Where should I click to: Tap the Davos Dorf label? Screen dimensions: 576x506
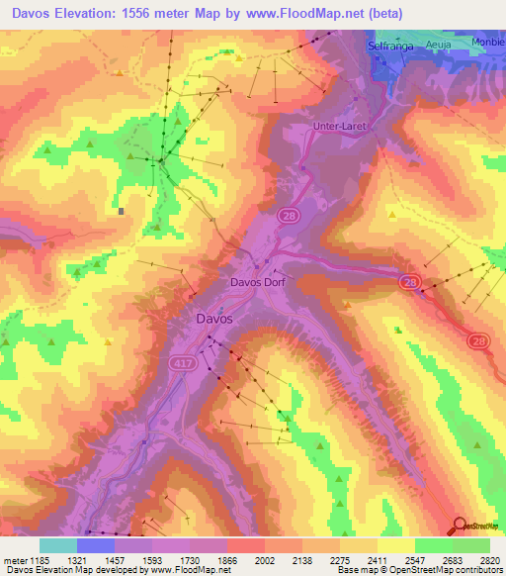click(258, 281)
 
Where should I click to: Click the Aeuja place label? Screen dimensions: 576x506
click(438, 46)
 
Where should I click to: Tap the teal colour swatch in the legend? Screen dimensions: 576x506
click(58, 545)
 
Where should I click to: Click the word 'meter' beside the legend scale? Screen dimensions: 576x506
click(14, 559)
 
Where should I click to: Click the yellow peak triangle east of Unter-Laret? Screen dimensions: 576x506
click(392, 212)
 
